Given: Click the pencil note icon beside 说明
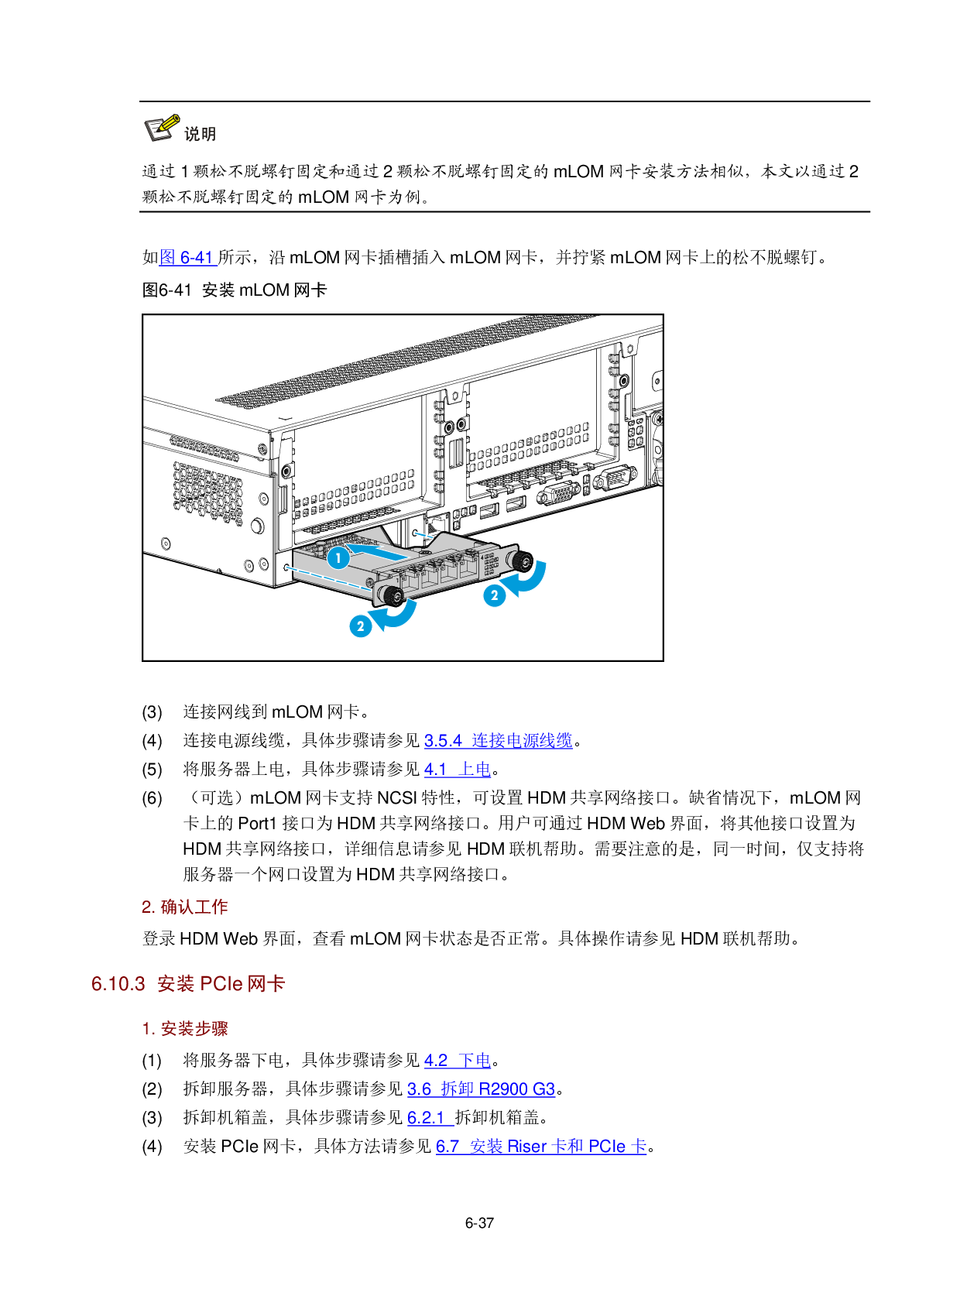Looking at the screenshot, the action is click(162, 128).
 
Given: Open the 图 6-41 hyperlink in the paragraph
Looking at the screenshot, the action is click(188, 257).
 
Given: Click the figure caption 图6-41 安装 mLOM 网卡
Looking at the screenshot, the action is click(235, 290).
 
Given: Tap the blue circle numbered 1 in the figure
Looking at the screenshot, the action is click(338, 558).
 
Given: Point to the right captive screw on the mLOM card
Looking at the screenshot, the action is click(521, 561).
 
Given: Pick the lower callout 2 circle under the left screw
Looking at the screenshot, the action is click(361, 626).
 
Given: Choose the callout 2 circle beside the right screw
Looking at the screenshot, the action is click(495, 595).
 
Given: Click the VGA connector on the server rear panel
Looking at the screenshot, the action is click(557, 494).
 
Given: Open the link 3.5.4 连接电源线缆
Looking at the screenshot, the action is click(498, 740).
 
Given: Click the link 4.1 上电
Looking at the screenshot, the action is click(458, 769).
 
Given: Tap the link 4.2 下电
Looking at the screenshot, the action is click(458, 1060).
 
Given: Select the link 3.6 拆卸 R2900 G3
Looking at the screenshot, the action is click(482, 1089).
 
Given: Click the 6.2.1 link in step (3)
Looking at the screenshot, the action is click(430, 1117).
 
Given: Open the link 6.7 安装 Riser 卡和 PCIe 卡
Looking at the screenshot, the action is click(541, 1146).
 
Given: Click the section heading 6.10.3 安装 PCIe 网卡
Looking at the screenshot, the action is click(188, 984).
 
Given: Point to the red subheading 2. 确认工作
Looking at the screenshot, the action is click(185, 907).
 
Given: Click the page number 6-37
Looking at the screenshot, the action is click(479, 1222).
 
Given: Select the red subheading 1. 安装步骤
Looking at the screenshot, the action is click(185, 1028).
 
